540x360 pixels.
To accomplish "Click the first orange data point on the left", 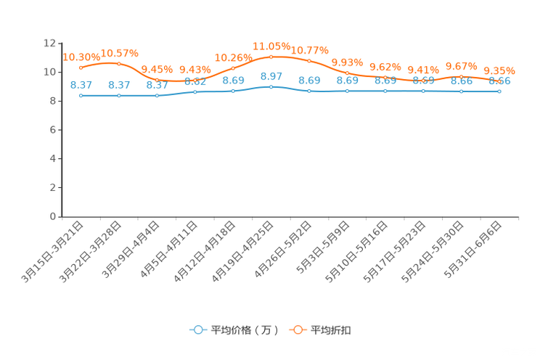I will tap(81, 67).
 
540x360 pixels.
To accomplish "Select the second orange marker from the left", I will tap(119, 64).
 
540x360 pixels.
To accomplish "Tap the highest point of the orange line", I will tap(271, 56).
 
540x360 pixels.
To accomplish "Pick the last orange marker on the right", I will tap(499, 81).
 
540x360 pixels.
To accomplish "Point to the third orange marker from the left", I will tap(157, 79).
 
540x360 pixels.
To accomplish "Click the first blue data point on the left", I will tap(81, 96).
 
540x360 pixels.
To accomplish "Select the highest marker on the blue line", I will tap(271, 86).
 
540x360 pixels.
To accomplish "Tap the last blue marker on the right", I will tap(499, 92).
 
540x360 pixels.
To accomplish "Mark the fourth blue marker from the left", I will tap(195, 92).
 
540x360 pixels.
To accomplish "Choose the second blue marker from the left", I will tap(119, 96).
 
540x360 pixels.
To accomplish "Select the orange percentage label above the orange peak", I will tap(271, 45).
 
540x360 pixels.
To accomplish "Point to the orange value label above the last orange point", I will tap(499, 70).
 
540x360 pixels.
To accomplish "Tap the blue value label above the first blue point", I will tap(81, 84).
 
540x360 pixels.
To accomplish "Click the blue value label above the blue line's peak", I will tap(271, 75).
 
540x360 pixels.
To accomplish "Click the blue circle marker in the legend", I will tap(197, 330).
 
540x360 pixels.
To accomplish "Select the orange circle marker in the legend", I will tap(298, 330).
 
